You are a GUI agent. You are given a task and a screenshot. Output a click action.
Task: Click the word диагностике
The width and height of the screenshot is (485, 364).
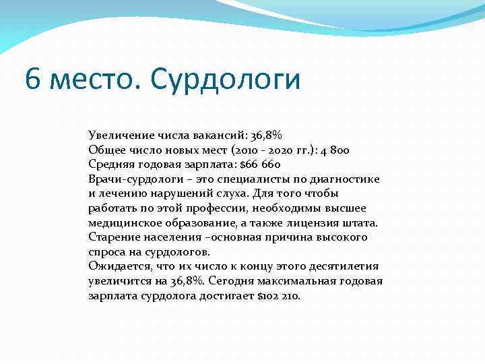point(348,179)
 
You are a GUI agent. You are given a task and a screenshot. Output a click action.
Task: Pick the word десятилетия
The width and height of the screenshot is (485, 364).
point(345,266)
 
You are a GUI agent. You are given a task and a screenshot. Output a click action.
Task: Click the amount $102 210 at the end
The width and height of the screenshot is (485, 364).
point(279,296)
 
